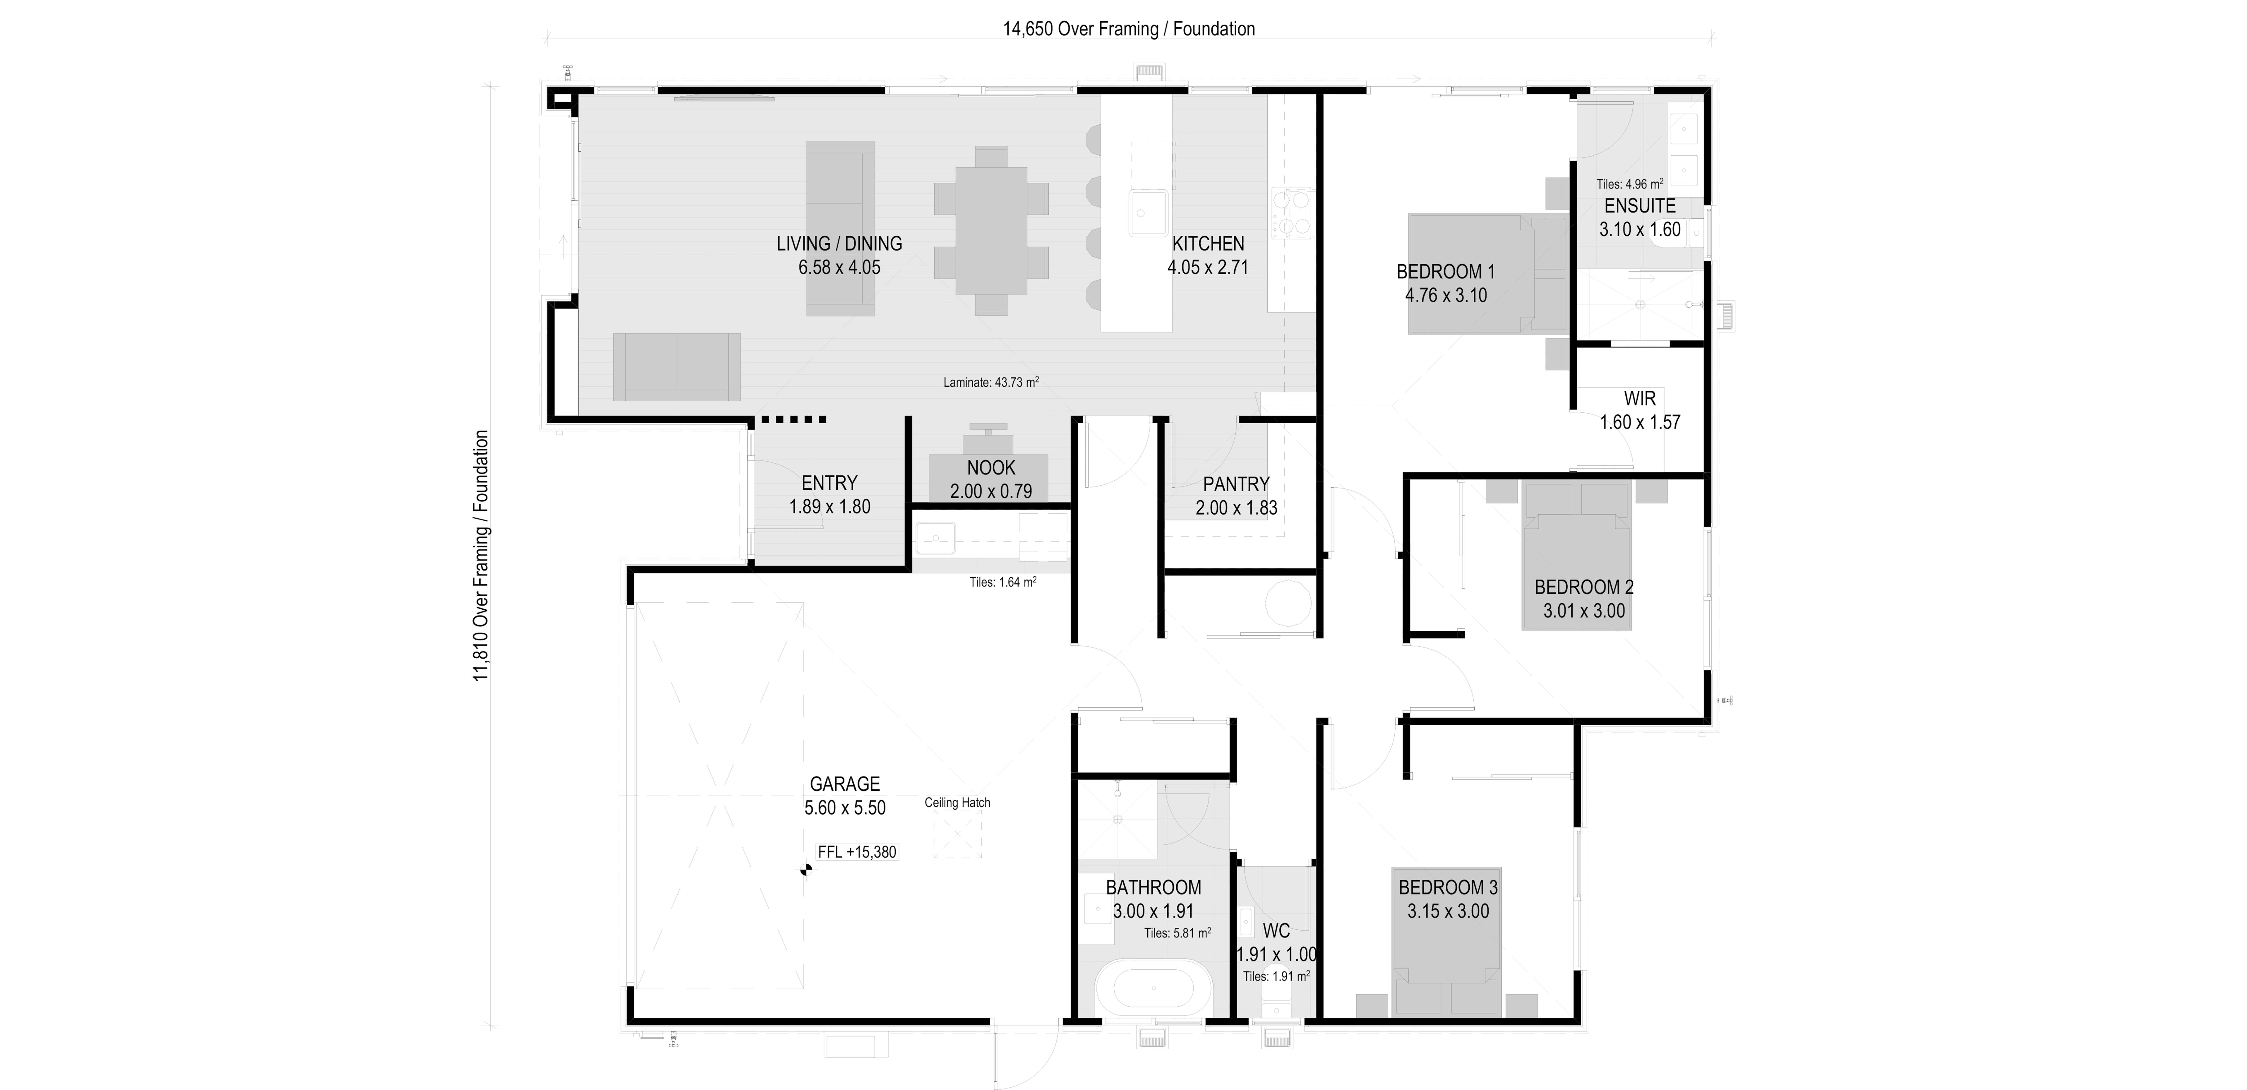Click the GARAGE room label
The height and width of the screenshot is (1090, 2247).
coord(844,784)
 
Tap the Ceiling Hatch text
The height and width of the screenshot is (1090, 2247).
coord(957,802)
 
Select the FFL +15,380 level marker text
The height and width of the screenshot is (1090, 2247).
coord(857,852)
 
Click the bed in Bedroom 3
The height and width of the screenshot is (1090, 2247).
coord(1447,940)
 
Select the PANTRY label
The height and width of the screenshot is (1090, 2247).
coord(1236,484)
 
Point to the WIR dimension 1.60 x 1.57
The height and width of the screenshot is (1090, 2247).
coord(1640,422)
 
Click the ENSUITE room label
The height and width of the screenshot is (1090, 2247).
coord(1640,206)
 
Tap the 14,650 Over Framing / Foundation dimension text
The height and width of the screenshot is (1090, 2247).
coord(1129,29)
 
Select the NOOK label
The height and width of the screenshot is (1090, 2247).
coord(991,467)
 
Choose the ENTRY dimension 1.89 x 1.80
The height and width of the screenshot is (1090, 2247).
coord(829,507)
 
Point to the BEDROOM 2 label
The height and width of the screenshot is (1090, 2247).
coord(1584,587)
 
